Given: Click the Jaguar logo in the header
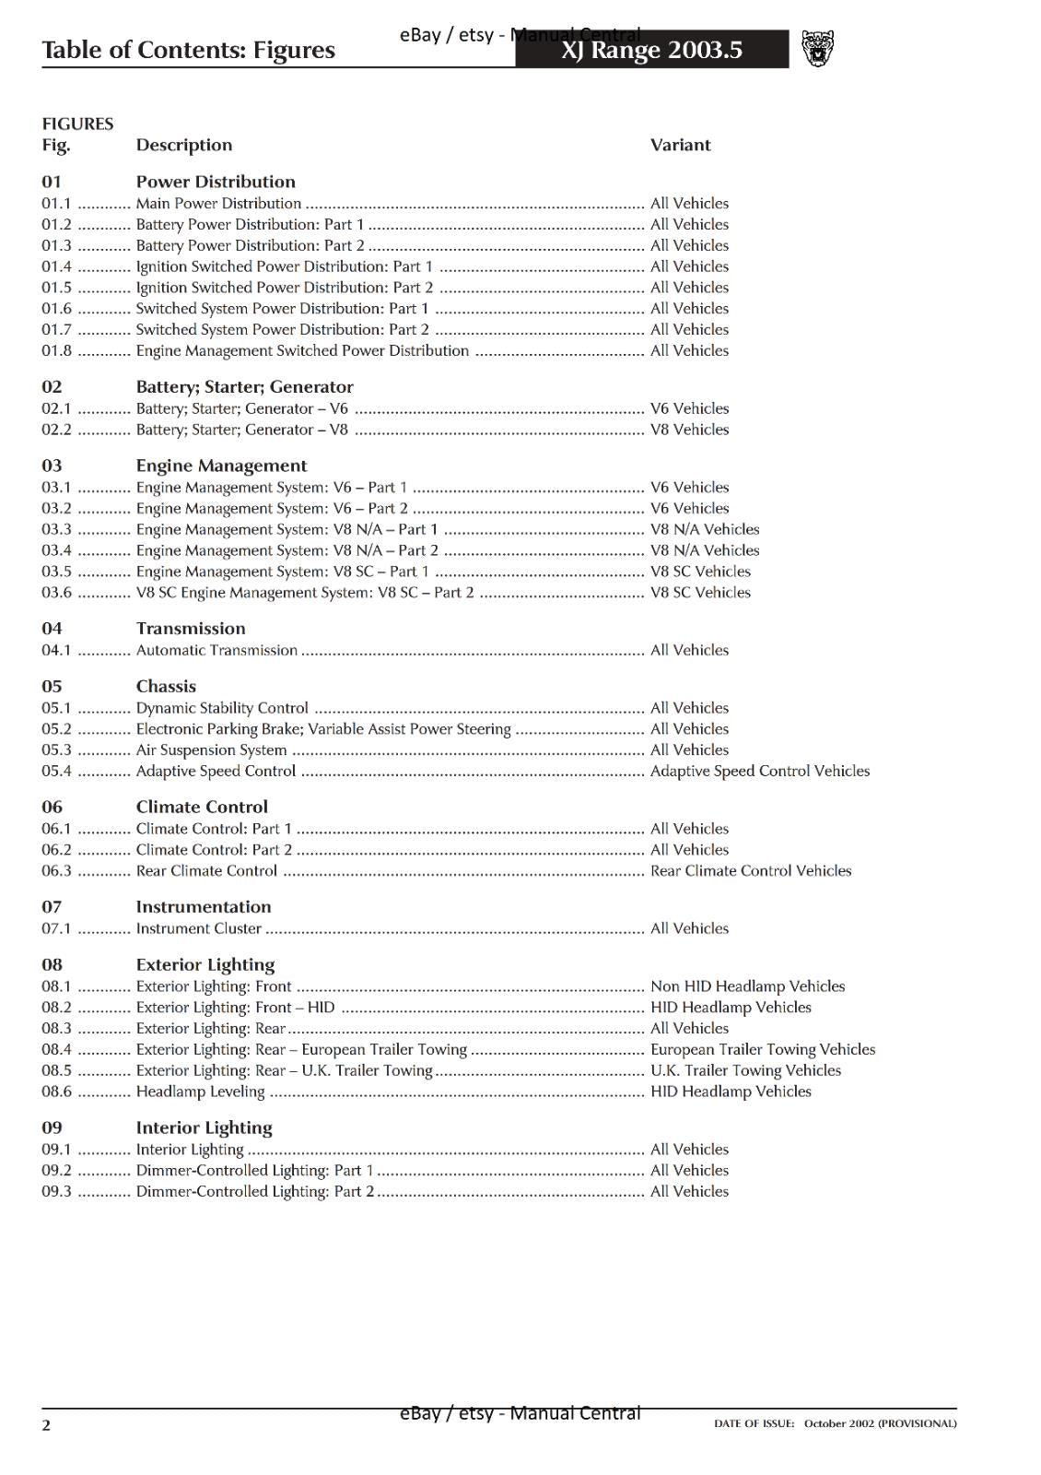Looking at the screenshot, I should (x=817, y=49).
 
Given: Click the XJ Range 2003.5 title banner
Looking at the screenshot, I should (x=651, y=50).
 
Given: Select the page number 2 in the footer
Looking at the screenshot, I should (x=46, y=1425).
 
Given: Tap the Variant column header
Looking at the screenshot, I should (x=680, y=145).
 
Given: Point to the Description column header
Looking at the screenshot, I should (x=184, y=145).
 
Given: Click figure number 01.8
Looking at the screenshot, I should (x=56, y=350).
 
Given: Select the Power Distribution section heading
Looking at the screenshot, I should (x=216, y=182).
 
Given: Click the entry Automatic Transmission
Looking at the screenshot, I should (x=216, y=650).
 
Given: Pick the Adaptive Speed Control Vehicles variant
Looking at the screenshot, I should (x=759, y=771).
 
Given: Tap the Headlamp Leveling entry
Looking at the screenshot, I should (x=200, y=1091).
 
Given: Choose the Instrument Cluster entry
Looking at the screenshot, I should (x=198, y=928).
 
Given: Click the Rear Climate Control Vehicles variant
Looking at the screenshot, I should (x=750, y=870).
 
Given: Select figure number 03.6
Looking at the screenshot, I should (x=56, y=593).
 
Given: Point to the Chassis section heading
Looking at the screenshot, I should (x=166, y=686).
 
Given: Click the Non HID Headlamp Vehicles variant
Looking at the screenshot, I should (x=747, y=986).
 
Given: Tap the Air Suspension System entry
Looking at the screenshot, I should (x=211, y=749).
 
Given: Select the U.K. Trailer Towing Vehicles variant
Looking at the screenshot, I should (x=745, y=1070).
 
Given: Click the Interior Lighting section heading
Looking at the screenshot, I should (x=204, y=1127).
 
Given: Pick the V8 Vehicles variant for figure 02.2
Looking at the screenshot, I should (x=689, y=430).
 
